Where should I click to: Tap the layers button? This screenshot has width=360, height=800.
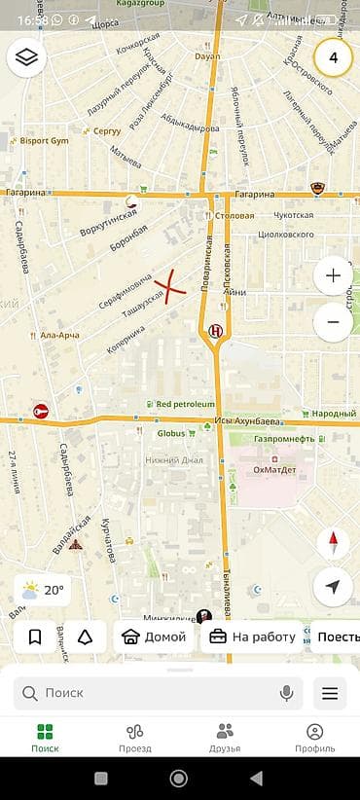(26, 58)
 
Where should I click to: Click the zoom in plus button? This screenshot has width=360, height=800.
(334, 275)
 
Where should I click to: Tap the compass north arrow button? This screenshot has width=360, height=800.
(334, 542)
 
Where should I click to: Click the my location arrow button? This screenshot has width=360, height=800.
(334, 587)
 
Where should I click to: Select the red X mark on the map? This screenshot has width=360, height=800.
(171, 287)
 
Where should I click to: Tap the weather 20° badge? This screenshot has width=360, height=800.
(43, 590)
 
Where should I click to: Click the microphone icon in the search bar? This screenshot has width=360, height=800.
(287, 693)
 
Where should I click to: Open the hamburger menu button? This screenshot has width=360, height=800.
(330, 693)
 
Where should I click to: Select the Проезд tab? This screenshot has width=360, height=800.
(135, 738)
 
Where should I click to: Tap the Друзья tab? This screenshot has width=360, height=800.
(225, 738)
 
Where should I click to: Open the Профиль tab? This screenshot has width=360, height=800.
(314, 738)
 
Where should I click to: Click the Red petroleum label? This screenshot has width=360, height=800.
(184, 404)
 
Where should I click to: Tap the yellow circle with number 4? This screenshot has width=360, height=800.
(334, 58)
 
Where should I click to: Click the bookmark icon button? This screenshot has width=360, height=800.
(35, 637)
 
